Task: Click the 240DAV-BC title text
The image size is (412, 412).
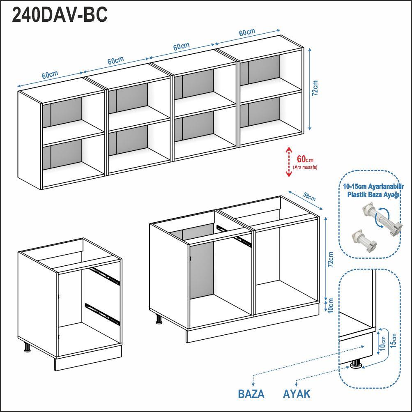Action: tap(60, 15)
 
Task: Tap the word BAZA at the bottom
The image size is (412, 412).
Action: tap(251, 394)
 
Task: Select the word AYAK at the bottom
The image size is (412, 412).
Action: tap(297, 394)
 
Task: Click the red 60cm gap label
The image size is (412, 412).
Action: tap(305, 159)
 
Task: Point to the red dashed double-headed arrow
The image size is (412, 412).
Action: tap(289, 161)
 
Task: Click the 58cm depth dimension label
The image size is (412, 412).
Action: tap(310, 196)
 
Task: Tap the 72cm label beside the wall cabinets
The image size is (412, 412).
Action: tap(315, 88)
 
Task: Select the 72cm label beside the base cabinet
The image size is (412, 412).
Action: tap(331, 259)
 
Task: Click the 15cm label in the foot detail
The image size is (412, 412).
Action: tap(393, 341)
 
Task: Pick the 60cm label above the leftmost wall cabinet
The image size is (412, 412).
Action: tap(50, 75)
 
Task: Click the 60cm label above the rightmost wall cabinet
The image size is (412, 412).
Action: tap(247, 32)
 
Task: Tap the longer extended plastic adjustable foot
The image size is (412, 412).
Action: tap(382, 220)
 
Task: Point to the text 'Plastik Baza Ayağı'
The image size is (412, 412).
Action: tap(373, 195)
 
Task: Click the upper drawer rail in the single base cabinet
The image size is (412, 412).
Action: tap(104, 276)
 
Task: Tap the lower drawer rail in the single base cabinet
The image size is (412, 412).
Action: tap(102, 314)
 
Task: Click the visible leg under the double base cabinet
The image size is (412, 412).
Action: tap(159, 319)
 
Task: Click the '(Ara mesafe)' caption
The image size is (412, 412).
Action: tap(305, 167)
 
